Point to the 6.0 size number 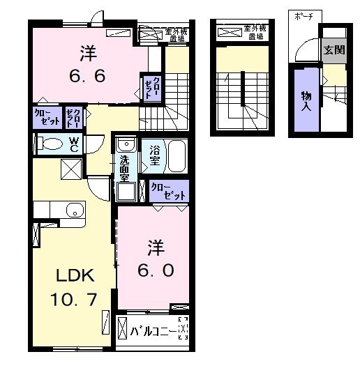coord(155,269)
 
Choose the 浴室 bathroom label coord(153,154)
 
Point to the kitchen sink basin coord(70,210)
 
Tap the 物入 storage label coord(306,100)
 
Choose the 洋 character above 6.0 coord(155,247)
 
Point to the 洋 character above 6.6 coord(88,52)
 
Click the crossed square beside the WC coord(70,169)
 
